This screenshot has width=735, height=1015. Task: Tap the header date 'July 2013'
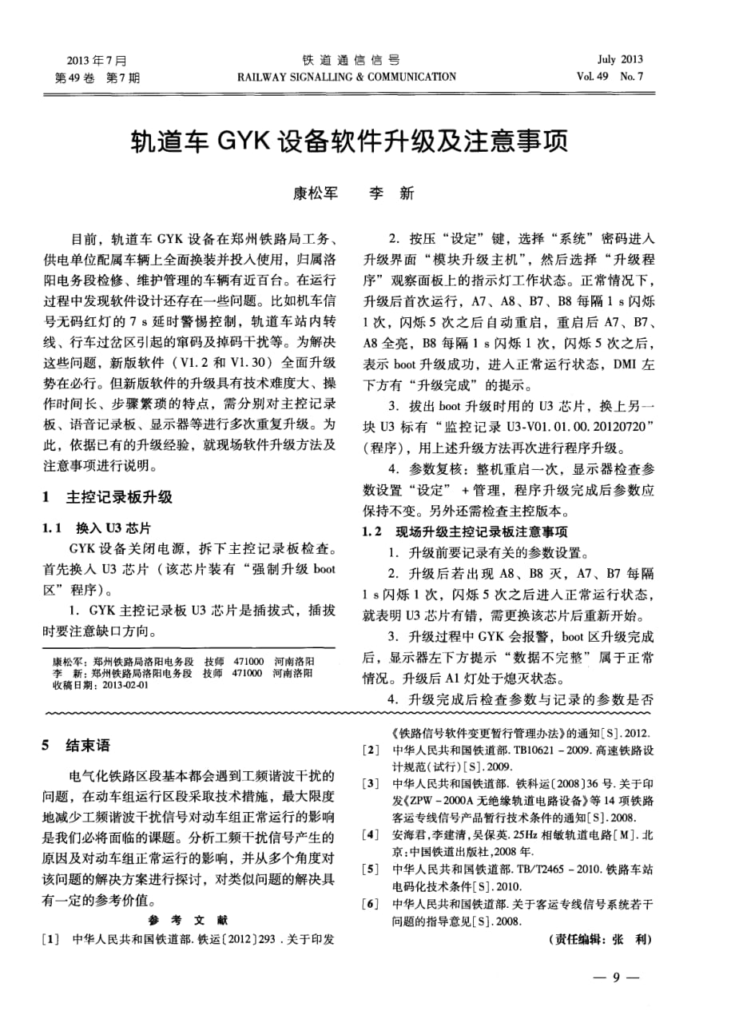[x=620, y=59]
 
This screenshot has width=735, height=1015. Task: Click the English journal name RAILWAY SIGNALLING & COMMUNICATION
[x=346, y=77]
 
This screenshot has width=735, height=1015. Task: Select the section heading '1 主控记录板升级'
[x=106, y=497]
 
